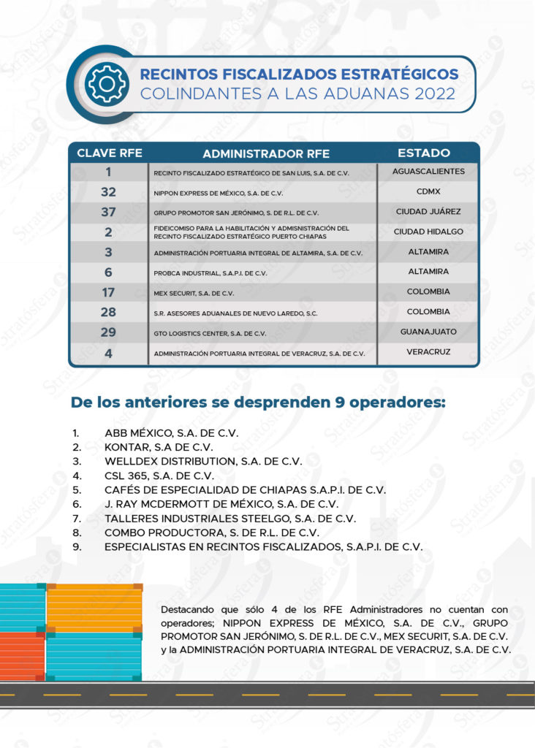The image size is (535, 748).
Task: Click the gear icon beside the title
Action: [x=107, y=84]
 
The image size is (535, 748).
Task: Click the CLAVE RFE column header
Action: [x=110, y=153]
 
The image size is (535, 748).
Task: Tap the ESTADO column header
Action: [x=424, y=153]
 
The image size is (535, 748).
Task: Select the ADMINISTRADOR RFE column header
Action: [x=266, y=153]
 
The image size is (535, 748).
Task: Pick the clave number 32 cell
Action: [x=108, y=193]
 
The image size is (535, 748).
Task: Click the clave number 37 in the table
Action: [x=108, y=213]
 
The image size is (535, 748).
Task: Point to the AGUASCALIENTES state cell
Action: [x=428, y=172]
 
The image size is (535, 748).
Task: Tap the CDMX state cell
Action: [x=428, y=192]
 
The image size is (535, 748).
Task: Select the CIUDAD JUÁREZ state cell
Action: [x=428, y=212]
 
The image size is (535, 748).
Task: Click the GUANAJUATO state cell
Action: [x=428, y=332]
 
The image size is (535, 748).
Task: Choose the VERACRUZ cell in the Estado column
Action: [x=428, y=352]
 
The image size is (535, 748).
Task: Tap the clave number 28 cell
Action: [x=108, y=313]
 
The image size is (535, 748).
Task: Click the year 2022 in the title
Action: [x=434, y=94]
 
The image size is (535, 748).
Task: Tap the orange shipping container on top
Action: [x=94, y=607]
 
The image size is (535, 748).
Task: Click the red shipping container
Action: [x=22, y=656]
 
